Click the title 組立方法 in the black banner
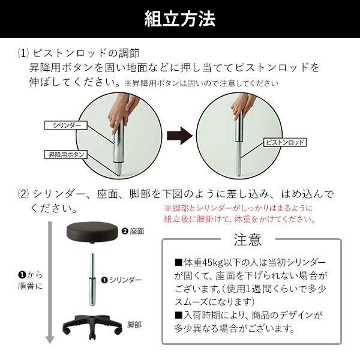click(180, 19)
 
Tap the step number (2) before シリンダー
click(23, 194)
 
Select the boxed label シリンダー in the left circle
click(65, 125)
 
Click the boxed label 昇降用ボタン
click(66, 155)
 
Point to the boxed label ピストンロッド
click(285, 143)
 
